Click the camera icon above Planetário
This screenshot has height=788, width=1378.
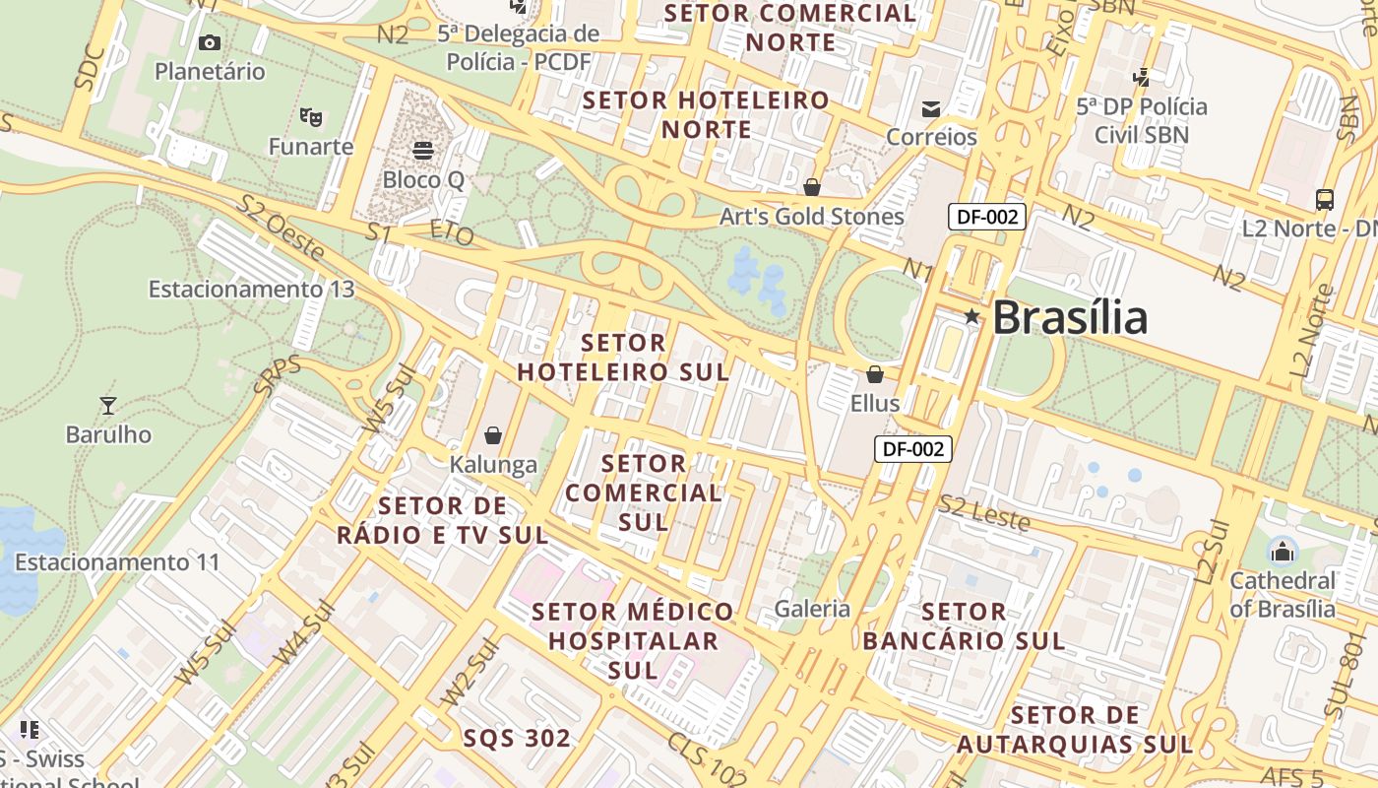point(210,42)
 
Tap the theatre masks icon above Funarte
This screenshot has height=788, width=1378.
point(311,117)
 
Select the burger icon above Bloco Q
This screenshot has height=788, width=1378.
point(423,151)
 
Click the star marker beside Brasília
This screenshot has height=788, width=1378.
point(971,316)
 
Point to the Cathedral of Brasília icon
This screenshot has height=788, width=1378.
point(1282,551)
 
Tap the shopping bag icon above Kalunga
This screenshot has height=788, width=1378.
point(493,434)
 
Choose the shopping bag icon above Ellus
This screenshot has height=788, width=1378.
point(874,374)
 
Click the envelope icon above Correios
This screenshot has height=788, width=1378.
point(931,107)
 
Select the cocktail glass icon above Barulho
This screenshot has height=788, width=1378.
point(108,405)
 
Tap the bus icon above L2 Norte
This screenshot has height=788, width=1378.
point(1325,200)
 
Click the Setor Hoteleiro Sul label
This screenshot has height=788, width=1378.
point(624,358)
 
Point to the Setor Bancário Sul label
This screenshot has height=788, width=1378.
point(964,626)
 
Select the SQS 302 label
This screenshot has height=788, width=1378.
point(517,739)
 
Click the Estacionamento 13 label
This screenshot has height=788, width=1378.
point(251,290)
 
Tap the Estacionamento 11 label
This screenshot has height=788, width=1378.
point(117,562)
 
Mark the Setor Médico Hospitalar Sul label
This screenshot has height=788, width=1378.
point(633,640)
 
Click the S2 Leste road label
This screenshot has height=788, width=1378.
point(983,513)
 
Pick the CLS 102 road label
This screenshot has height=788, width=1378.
point(707,759)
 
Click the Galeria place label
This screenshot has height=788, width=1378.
point(812,609)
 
